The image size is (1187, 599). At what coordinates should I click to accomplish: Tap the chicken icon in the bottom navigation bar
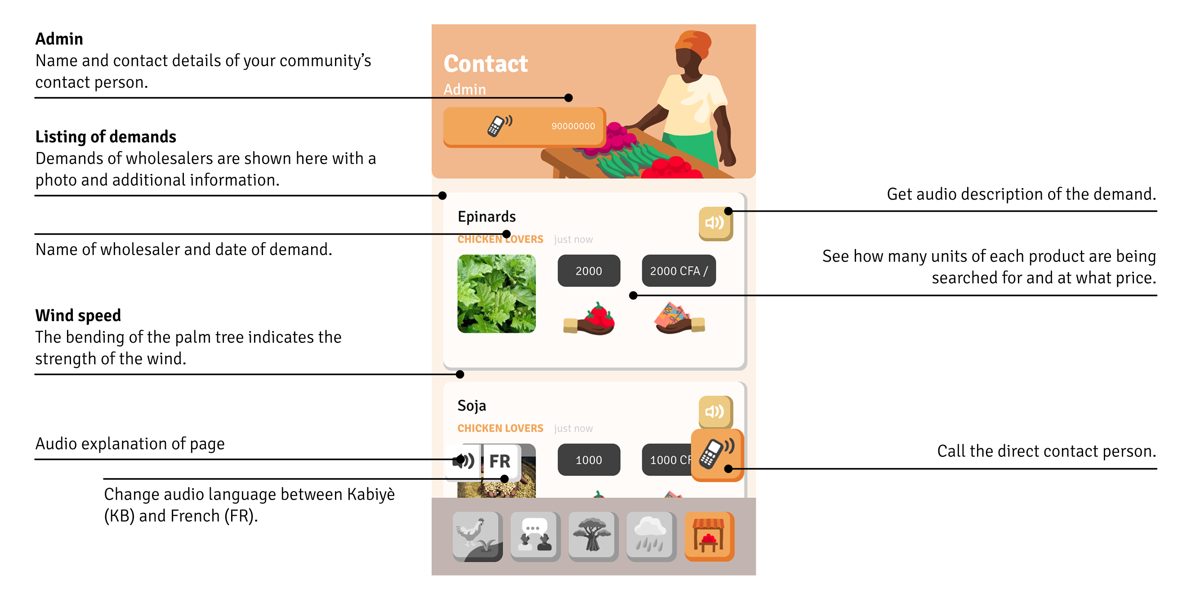[477, 536]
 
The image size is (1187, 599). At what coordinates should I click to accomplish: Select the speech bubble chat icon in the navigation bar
[535, 536]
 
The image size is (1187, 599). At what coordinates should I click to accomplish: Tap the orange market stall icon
[709, 536]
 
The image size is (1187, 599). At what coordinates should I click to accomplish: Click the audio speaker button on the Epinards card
[715, 224]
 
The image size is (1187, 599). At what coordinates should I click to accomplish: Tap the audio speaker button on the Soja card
[715, 412]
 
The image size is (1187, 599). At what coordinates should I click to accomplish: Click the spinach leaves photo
[496, 294]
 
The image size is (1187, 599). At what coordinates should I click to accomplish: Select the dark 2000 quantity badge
[589, 271]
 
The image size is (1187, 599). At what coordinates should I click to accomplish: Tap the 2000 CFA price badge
[678, 271]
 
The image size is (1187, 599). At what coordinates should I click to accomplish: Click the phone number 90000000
[573, 126]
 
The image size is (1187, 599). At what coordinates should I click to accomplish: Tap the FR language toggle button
[500, 461]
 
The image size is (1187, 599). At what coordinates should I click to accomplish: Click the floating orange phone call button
[717, 455]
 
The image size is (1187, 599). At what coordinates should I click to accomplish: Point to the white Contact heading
[485, 63]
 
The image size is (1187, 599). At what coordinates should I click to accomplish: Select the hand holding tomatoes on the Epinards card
[589, 319]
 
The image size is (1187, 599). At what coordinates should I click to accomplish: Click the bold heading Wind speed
[78, 316]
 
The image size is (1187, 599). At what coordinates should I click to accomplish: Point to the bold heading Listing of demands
[106, 137]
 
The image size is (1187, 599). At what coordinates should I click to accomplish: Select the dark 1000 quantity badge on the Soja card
[589, 460]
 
